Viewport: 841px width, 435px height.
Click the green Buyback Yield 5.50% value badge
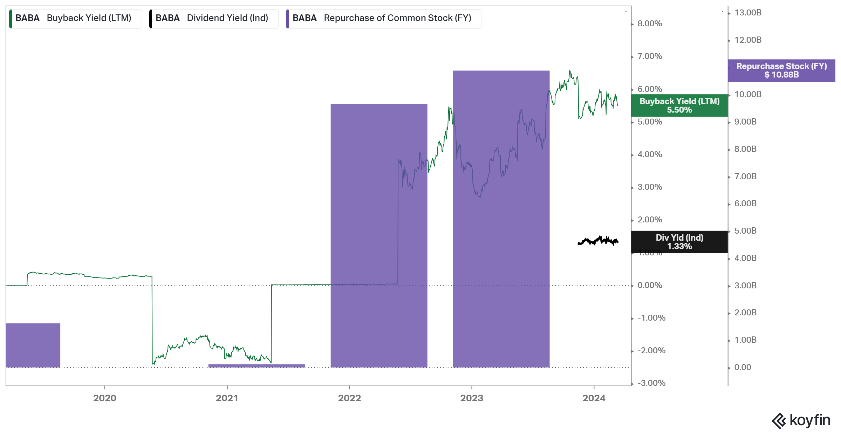pos(679,106)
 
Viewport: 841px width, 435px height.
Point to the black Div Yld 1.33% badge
pos(679,242)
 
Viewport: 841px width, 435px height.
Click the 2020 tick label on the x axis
pos(104,398)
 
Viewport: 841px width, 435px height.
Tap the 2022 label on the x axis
pos(349,398)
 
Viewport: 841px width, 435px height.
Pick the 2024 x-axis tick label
pos(594,398)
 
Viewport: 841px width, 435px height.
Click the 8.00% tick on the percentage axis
pos(650,24)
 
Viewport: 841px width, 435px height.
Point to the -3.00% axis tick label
pos(651,383)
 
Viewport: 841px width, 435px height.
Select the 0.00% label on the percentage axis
pos(650,286)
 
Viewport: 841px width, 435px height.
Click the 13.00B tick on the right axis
pos(748,13)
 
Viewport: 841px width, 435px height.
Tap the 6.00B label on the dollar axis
pos(745,204)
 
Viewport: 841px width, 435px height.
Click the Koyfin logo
pos(801,420)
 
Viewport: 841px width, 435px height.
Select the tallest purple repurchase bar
pos(501,217)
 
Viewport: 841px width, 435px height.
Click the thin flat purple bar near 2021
pos(257,366)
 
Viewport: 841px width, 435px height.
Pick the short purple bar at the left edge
pos(33,345)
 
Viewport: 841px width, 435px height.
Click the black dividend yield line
pos(598,241)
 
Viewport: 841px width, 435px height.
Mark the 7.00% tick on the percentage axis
pos(650,56)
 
